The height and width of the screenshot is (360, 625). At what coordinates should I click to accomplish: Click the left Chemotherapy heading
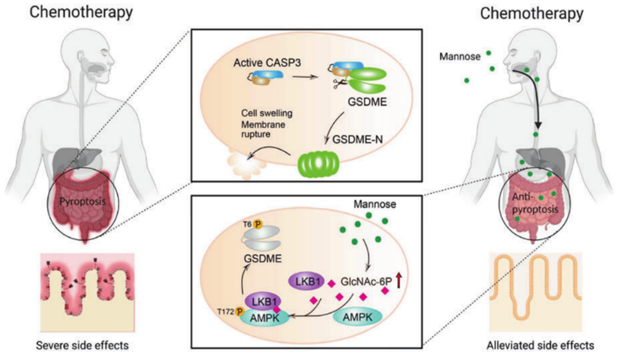[x=81, y=13]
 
